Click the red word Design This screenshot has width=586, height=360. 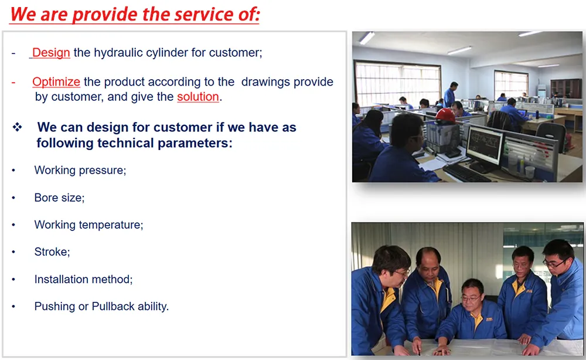point(51,53)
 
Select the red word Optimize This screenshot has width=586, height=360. point(56,82)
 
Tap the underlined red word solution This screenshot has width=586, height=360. point(198,97)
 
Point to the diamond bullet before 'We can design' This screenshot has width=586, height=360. point(17,127)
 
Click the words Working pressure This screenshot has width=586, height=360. point(80,171)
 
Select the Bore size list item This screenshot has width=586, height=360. point(59,198)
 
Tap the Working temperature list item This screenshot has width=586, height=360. point(88,225)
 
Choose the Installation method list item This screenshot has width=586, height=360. point(83,279)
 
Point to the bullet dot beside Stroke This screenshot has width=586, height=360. point(13,252)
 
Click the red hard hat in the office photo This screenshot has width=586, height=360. point(445,116)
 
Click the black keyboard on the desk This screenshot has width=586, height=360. point(466,174)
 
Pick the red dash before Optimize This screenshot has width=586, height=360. point(13,82)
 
